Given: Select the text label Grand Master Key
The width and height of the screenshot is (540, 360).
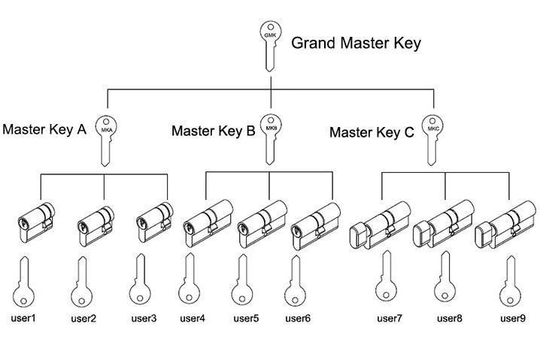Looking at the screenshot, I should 356,43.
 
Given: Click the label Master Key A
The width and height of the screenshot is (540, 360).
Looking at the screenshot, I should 44,129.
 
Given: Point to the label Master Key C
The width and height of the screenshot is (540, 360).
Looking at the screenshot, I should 372,133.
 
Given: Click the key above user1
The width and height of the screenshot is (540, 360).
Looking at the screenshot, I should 24,281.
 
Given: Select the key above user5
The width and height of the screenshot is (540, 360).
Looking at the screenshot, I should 241,281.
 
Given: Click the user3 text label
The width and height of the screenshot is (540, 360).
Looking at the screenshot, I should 143,319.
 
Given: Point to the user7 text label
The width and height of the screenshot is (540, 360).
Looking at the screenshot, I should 389,319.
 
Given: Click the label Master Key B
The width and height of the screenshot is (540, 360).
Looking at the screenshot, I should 213,131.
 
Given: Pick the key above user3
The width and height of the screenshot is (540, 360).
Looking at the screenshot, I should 138,281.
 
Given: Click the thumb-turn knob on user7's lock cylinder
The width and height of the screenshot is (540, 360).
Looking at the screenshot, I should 360,231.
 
